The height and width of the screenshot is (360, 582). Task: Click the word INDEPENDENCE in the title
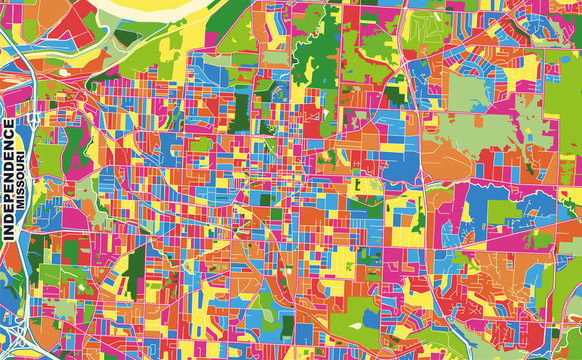[x=9, y=178]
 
